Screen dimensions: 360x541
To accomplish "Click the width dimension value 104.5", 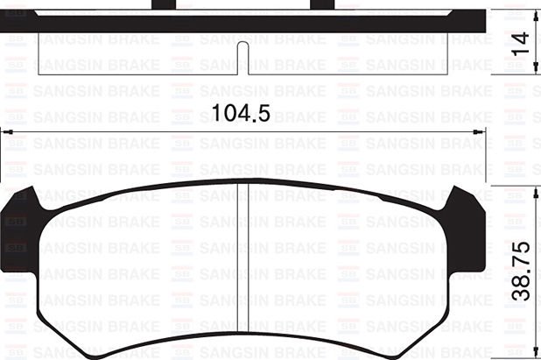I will [239, 112].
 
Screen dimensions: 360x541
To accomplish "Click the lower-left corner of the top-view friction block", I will [39, 74].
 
